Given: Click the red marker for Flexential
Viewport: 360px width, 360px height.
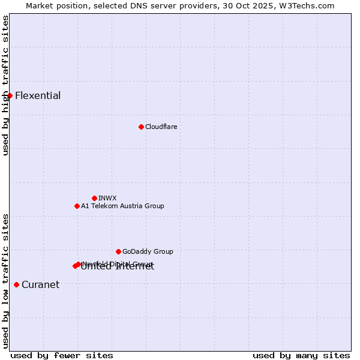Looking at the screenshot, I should tap(10, 95).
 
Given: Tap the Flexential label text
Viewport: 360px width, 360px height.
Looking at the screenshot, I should tap(38, 96).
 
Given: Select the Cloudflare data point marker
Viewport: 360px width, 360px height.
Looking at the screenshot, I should tap(141, 127).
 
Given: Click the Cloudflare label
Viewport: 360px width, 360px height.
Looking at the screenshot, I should tap(161, 127).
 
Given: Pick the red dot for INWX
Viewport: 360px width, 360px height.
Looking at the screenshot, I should tap(94, 198).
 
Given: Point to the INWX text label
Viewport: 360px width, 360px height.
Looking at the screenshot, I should tap(107, 198).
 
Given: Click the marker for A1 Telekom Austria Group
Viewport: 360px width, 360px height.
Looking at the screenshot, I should tap(77, 206).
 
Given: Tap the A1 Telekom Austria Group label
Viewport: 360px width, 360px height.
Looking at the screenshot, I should tap(122, 206).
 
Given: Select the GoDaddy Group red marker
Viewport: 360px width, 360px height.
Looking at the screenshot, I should tap(118, 251).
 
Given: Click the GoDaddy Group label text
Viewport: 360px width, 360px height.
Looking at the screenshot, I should tap(148, 251).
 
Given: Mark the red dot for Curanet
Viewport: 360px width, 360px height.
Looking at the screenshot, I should tap(16, 284).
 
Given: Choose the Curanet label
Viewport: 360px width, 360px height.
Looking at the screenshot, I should tap(40, 285).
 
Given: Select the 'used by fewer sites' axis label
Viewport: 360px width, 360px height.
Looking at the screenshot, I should tap(62, 355).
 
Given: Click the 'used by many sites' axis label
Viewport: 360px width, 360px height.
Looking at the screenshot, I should tap(301, 355).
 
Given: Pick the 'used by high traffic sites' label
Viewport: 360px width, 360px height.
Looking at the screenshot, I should tap(5, 85).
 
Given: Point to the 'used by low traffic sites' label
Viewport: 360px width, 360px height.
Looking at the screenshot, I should tap(5, 280).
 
